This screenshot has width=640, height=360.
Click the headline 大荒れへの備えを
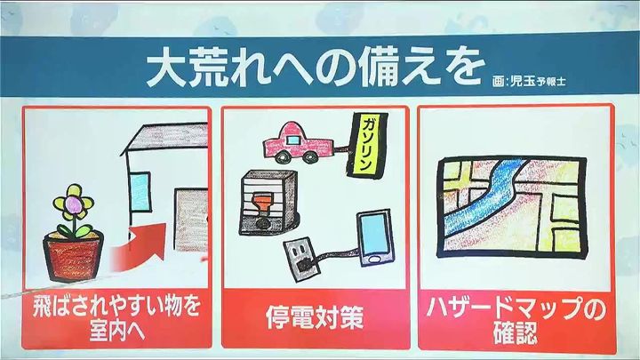[x=315, y=68]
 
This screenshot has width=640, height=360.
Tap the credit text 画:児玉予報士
[x=529, y=81]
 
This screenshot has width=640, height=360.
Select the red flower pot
[x=74, y=256]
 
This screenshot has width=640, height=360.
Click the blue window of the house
[x=140, y=193]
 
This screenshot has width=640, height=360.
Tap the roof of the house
[x=165, y=137]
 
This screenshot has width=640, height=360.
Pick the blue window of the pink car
[x=294, y=140]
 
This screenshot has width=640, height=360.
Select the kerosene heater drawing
[x=268, y=203]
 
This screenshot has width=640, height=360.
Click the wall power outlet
[x=302, y=260]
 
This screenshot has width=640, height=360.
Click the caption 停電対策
[x=315, y=318]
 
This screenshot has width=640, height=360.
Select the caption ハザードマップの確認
[x=515, y=320]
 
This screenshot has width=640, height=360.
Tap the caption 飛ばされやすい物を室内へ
[x=116, y=318]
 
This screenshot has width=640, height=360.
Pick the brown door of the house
[x=191, y=220]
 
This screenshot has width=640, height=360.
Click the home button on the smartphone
[x=372, y=260]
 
